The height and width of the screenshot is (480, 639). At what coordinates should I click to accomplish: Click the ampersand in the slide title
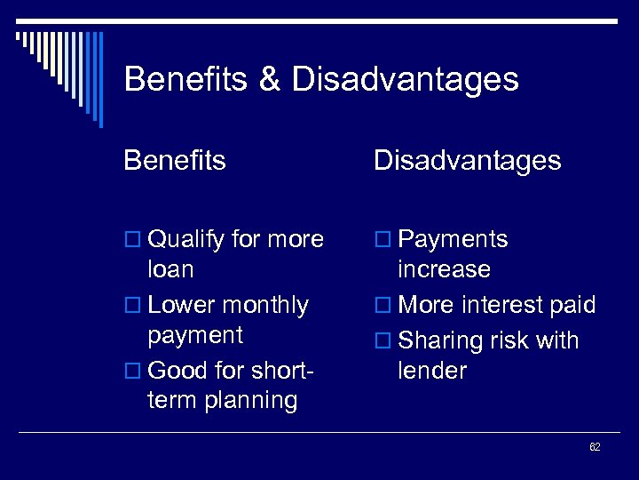(269, 80)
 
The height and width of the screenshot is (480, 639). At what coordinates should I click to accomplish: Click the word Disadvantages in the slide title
(405, 80)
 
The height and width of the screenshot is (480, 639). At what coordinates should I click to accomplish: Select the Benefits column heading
(175, 160)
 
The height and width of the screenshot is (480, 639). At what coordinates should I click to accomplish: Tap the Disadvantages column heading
(467, 160)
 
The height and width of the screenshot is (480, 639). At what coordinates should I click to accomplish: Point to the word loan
(171, 269)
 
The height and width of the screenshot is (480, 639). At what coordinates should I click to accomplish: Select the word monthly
(265, 305)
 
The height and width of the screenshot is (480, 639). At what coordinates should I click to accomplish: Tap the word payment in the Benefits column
(195, 335)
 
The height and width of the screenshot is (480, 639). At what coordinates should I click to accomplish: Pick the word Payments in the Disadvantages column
(453, 240)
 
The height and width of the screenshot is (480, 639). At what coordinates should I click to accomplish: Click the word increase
(444, 269)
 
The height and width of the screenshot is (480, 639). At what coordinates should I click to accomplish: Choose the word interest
(498, 305)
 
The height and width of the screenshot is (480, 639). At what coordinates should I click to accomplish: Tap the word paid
(572, 305)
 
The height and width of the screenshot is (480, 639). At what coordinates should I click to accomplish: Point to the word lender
(432, 370)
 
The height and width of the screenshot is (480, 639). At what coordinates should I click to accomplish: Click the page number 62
(595, 447)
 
